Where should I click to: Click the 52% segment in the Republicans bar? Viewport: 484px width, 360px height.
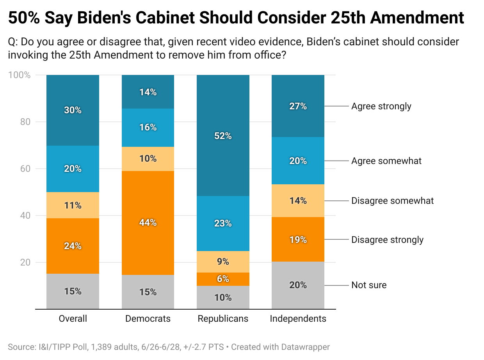[223, 135]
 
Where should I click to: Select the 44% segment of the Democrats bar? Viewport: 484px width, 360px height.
[148, 223]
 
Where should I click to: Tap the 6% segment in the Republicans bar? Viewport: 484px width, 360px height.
[223, 279]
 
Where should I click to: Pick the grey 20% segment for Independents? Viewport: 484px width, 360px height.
[298, 285]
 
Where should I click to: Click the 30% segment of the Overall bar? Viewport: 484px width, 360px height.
[73, 110]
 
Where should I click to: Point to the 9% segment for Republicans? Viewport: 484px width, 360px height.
[223, 262]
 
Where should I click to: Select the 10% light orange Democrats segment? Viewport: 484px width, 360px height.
[148, 159]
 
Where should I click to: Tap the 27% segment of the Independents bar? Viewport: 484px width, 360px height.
[298, 106]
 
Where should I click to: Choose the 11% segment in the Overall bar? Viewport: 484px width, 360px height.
[73, 205]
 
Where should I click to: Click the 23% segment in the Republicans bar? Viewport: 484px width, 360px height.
[223, 223]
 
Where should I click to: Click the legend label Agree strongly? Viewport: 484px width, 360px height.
[381, 106]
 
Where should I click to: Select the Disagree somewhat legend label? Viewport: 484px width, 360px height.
[392, 201]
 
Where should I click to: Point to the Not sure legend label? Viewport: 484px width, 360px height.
[369, 285]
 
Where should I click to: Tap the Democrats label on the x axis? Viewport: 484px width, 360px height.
[148, 319]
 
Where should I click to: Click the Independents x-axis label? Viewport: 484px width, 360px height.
[298, 319]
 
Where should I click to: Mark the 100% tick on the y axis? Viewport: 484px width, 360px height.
[19, 75]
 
